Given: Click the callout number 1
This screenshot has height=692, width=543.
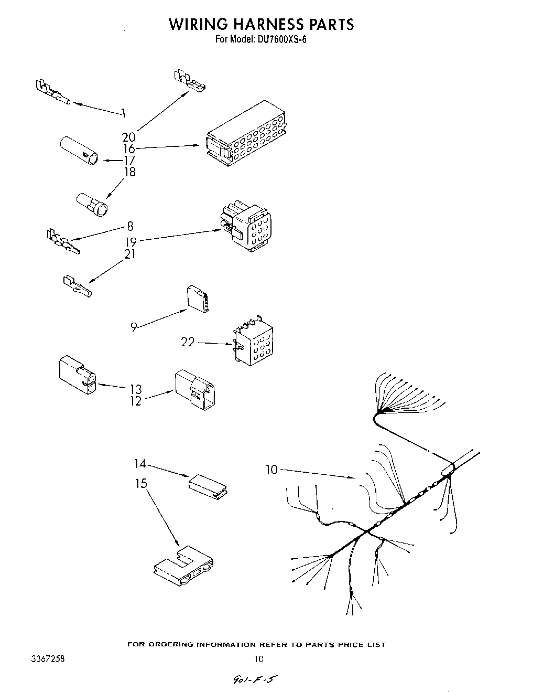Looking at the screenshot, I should click(x=123, y=112).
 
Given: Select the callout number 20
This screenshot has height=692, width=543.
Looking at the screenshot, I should click(x=128, y=137).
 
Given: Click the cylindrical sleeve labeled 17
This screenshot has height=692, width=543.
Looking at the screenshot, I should click(x=79, y=151).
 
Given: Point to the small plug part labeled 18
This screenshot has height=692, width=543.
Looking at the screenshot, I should click(x=93, y=204).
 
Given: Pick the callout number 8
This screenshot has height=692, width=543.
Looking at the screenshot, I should click(x=130, y=227).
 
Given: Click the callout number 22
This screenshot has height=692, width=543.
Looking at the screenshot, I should click(x=188, y=342).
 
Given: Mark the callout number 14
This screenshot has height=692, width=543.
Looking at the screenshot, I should click(x=139, y=464).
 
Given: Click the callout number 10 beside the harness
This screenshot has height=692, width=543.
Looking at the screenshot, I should click(x=271, y=470).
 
